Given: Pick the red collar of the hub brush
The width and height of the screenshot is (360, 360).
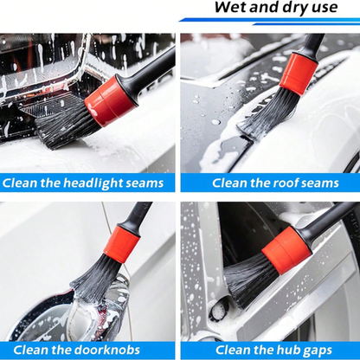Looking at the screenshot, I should [x=286, y=252].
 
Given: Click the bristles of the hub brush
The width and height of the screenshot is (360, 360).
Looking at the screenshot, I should [x=247, y=282].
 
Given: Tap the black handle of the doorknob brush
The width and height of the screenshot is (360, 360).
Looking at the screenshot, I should [x=136, y=215].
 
